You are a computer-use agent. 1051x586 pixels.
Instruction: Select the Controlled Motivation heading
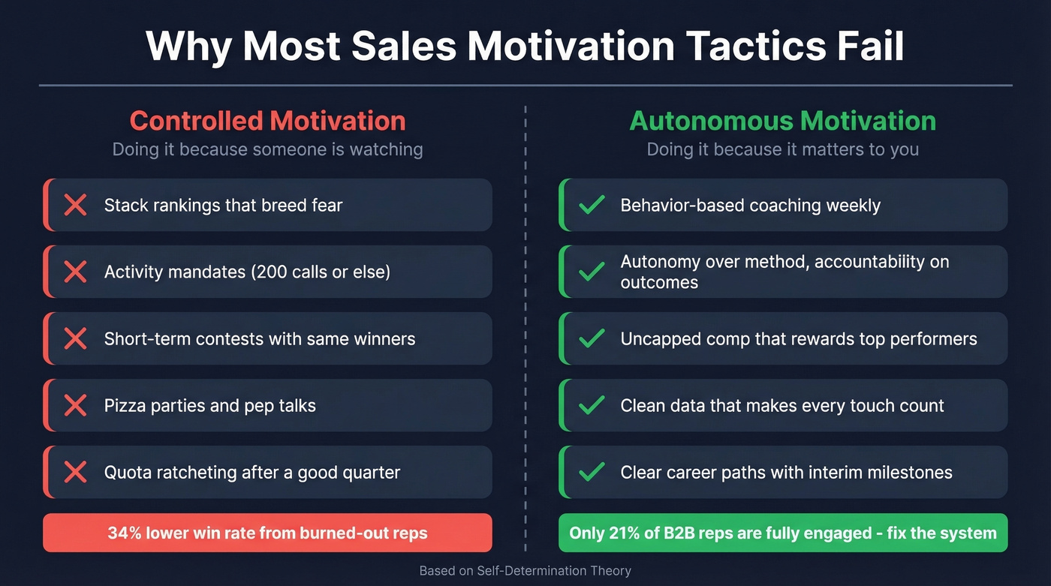[267, 121]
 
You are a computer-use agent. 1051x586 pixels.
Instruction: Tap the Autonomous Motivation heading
[783, 121]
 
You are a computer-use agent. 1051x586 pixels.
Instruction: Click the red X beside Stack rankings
[75, 205]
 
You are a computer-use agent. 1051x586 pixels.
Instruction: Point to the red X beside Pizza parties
[75, 406]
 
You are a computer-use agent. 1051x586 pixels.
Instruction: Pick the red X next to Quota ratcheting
[75, 473]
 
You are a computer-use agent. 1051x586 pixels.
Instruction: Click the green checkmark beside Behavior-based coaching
[592, 205]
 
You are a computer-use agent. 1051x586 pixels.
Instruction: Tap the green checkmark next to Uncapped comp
[592, 338]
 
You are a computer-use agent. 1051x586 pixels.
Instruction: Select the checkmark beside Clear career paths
[592, 473]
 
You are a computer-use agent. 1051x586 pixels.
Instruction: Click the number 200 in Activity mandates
[266, 272]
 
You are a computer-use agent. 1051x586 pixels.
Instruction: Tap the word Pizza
[125, 406]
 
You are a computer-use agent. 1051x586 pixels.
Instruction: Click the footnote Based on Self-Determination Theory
[525, 571]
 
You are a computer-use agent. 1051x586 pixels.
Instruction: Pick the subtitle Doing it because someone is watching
[267, 149]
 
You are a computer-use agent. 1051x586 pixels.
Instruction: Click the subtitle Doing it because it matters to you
[783, 149]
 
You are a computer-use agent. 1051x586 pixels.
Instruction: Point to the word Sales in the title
[402, 46]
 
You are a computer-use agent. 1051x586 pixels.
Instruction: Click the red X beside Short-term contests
[75, 338]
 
